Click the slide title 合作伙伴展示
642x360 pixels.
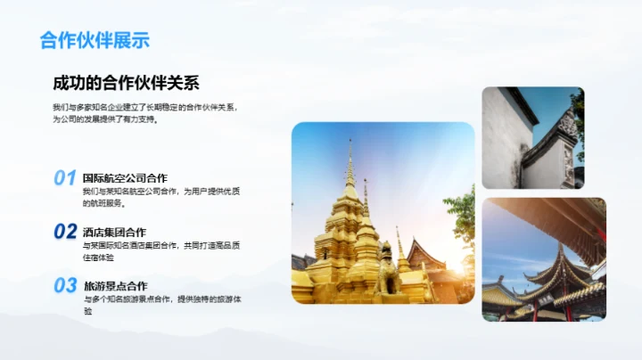point(95,40)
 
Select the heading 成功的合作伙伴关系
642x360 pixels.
point(126,84)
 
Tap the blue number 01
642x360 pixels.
point(64,178)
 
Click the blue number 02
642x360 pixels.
point(64,232)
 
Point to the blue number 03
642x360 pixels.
point(64,285)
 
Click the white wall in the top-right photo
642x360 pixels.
point(503,143)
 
